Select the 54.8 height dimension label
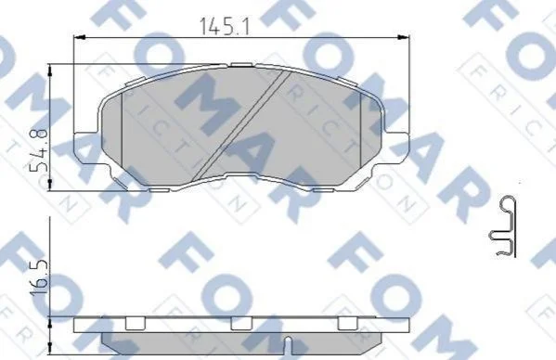tap(38, 150)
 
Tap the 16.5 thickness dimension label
tap(38, 277)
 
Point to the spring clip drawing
tap(504, 225)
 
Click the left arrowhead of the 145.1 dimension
tap(78, 37)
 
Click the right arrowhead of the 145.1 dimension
tap(404, 37)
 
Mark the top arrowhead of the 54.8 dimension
tap(49, 71)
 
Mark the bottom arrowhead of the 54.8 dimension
tap(49, 185)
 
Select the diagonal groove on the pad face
tap(242, 124)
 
